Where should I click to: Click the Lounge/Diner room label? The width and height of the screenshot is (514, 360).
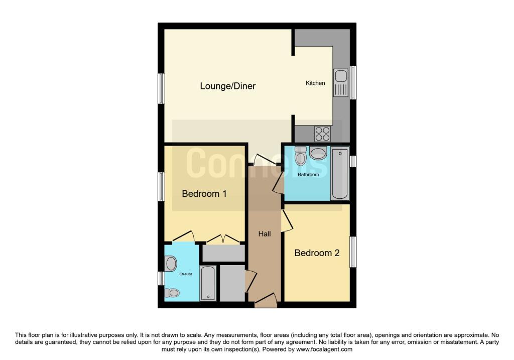(x=227, y=86)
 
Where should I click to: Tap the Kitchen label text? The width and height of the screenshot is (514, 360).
(x=315, y=83)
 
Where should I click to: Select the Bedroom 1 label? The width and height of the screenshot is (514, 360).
(x=204, y=193)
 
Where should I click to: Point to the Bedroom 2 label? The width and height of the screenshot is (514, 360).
(x=317, y=253)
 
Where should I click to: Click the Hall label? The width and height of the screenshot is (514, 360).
(x=264, y=234)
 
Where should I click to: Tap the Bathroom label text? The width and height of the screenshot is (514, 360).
(x=308, y=174)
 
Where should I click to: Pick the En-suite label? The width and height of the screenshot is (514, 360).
(x=186, y=274)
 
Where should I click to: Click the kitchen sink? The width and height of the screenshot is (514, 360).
(x=341, y=83)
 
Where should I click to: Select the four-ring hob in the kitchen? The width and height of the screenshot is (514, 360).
(x=322, y=134)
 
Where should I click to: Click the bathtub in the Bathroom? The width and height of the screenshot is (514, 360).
(x=340, y=173)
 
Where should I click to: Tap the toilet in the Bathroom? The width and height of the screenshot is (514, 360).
(x=300, y=156)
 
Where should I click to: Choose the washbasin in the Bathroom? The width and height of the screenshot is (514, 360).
(x=318, y=153)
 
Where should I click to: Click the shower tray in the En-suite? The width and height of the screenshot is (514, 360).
(x=208, y=283)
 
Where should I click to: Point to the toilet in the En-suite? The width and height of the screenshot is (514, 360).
(x=172, y=292)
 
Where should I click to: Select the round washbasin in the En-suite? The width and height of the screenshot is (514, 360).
(x=171, y=264)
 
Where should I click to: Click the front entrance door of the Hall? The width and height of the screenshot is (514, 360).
(x=266, y=300)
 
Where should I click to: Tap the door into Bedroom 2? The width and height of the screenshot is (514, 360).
(x=287, y=220)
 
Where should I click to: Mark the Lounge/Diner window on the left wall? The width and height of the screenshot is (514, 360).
(x=161, y=88)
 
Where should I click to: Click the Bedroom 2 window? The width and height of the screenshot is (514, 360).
(x=353, y=252)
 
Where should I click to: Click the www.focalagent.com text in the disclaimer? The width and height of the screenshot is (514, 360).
(x=324, y=349)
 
